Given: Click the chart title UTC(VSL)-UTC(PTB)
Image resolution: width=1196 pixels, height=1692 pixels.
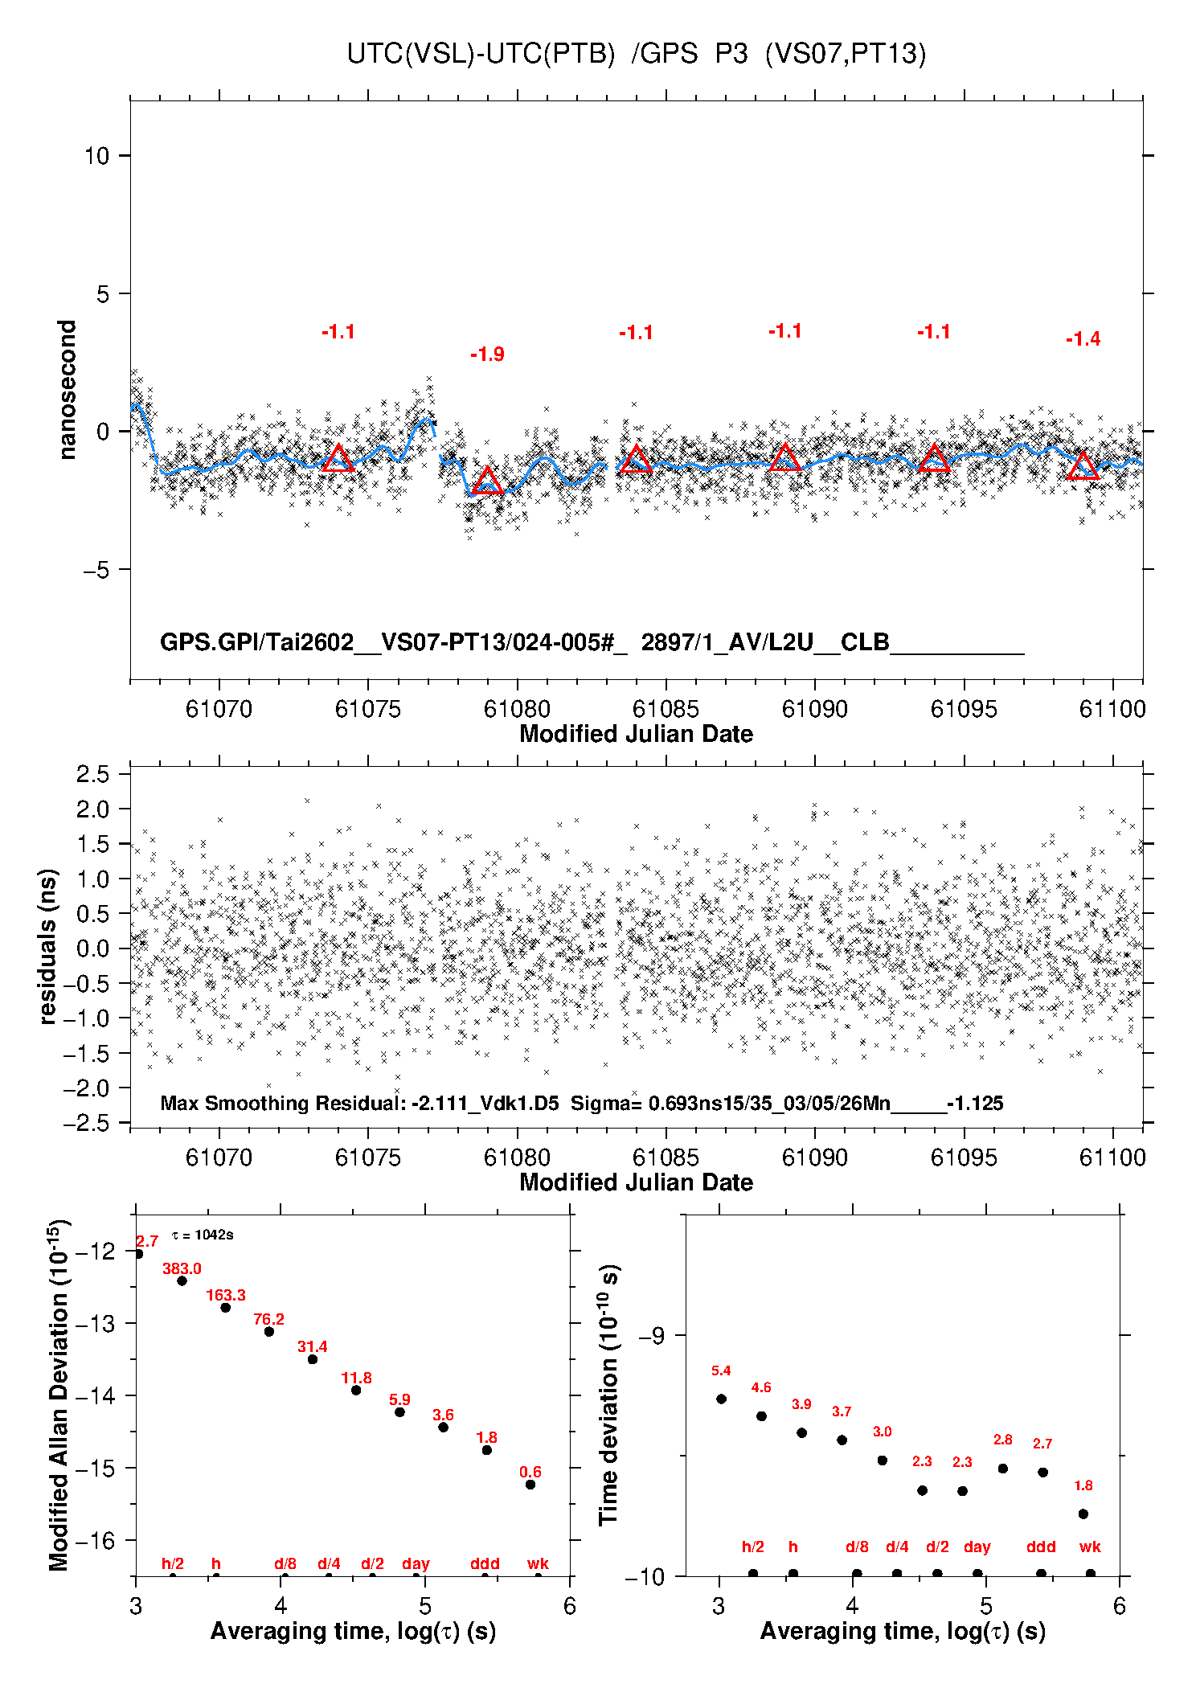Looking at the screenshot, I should click(x=481, y=54).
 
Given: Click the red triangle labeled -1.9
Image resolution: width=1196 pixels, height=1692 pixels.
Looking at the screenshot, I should click(x=487, y=481).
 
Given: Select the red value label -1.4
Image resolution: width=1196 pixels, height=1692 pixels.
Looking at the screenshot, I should click(x=1083, y=339).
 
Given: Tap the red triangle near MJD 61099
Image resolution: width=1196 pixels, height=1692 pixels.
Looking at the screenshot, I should click(x=1083, y=467).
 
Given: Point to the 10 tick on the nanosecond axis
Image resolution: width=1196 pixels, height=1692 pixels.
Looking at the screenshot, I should click(x=96, y=155).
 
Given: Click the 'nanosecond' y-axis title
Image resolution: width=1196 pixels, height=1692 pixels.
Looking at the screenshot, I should click(x=67, y=390).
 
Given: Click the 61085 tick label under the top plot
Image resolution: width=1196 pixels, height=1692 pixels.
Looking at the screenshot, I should click(x=666, y=709).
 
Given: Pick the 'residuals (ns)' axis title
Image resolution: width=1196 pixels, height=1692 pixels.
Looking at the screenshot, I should click(x=48, y=946).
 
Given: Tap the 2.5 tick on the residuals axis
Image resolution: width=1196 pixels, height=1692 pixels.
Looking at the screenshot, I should click(x=92, y=774).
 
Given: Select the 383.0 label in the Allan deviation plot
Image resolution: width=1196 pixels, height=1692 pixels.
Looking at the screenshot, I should click(x=182, y=1268).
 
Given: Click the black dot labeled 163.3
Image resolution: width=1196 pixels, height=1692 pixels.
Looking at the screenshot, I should click(x=226, y=1308).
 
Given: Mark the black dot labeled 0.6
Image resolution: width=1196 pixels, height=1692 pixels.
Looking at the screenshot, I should click(x=530, y=1485).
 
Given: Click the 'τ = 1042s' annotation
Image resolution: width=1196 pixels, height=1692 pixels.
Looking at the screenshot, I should click(x=203, y=1235).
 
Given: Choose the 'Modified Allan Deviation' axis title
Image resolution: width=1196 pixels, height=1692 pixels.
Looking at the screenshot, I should click(x=59, y=1395).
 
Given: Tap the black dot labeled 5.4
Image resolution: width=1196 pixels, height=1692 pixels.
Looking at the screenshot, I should click(x=721, y=1399).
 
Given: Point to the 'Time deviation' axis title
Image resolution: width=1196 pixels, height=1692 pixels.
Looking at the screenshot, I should click(x=608, y=1395).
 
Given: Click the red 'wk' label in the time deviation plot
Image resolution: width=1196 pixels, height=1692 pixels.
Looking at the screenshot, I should click(x=1090, y=1547).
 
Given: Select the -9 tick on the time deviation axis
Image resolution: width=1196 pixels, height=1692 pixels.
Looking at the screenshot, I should click(x=652, y=1335).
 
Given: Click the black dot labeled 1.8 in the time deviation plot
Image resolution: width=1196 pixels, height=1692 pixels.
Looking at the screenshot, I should click(x=1083, y=1514).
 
